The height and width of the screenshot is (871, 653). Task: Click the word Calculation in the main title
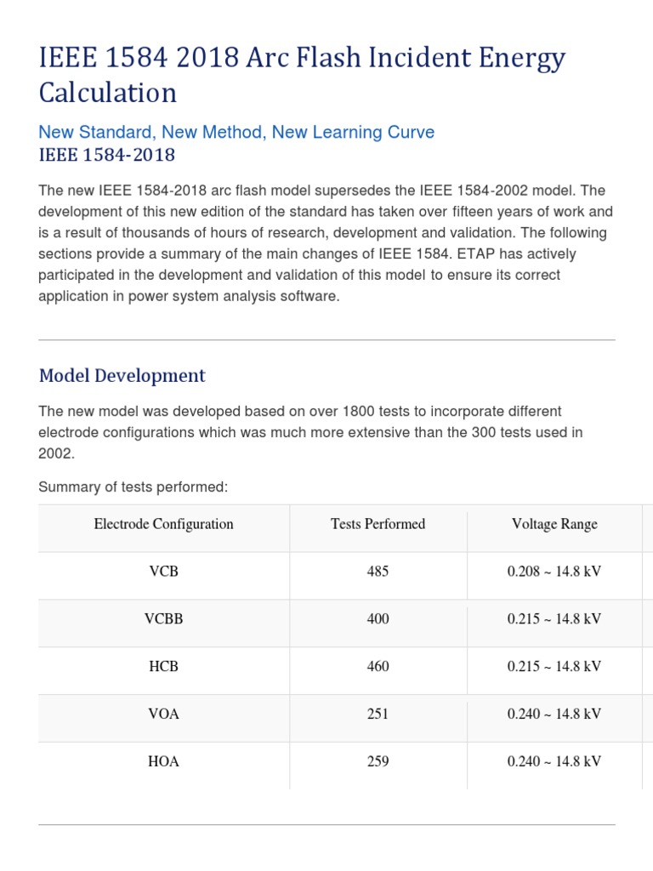point(108,93)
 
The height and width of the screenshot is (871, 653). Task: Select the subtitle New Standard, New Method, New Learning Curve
point(236,133)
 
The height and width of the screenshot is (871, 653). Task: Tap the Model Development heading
point(122,376)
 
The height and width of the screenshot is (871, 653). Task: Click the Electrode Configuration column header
point(163,525)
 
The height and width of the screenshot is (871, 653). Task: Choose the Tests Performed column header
point(378,525)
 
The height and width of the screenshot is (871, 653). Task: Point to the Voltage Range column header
point(554,525)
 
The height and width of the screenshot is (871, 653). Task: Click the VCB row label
point(163,572)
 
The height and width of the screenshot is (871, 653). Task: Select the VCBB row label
point(163,619)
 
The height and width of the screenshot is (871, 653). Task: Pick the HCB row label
point(163,667)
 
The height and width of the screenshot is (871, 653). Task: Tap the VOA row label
point(163,714)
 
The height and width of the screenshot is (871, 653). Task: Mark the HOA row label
point(163,762)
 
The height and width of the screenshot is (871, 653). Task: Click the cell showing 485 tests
point(378,572)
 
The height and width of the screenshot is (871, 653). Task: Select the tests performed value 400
point(378,619)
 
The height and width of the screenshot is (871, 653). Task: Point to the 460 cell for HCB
point(378,667)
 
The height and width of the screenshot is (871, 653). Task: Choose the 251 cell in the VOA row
point(378,714)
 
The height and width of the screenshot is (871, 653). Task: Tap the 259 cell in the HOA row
point(378,762)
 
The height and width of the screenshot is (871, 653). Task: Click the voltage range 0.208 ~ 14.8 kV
point(554,572)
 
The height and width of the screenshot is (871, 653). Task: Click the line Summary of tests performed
point(133,487)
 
